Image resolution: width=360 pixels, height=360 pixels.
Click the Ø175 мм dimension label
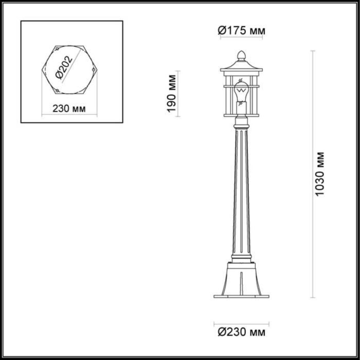click(241, 32)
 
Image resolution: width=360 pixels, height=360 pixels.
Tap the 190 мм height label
click(172, 93)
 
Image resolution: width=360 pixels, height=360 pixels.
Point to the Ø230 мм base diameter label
click(241, 332)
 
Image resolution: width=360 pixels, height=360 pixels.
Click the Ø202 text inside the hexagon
click(65, 68)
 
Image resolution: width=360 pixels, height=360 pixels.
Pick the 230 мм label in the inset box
click(69, 109)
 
